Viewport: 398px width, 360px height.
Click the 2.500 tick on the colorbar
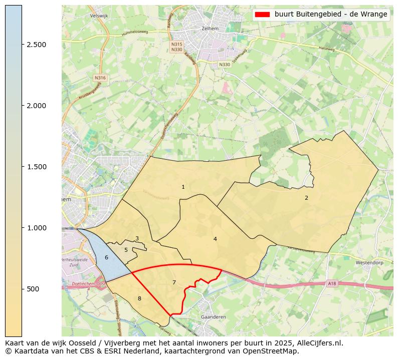point(37,45)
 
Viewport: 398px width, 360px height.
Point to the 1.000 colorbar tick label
point(37,228)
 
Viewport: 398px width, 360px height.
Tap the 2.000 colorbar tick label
point(37,106)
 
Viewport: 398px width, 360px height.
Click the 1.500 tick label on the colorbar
point(37,167)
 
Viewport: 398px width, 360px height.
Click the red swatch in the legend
point(262,15)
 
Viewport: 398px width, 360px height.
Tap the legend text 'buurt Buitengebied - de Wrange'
point(331,15)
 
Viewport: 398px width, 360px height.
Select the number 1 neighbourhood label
point(183,187)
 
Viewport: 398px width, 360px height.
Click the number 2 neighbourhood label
point(306,198)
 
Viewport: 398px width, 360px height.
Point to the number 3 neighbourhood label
point(137,239)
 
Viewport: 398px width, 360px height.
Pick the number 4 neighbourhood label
point(215,239)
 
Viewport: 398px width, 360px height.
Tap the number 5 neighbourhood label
point(126,250)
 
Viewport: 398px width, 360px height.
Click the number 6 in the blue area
point(106,257)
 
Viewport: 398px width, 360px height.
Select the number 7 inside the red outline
point(174,282)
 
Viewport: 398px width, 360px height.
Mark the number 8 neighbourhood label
point(139,299)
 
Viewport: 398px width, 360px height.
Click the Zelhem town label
point(210,29)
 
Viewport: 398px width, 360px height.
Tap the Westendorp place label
point(369,262)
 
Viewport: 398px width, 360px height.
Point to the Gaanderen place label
point(213,317)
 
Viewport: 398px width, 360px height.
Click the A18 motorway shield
point(332,283)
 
